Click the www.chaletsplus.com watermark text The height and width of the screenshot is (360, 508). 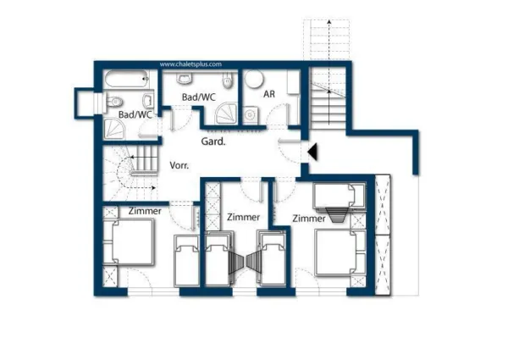click(190, 64)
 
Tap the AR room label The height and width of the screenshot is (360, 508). click(269, 94)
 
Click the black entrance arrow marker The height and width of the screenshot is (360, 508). click(312, 152)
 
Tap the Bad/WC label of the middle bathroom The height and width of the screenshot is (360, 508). click(199, 97)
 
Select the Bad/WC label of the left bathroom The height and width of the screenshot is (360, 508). click(135, 114)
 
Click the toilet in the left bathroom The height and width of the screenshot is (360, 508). click(114, 103)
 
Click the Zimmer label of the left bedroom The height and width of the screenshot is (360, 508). click(146, 210)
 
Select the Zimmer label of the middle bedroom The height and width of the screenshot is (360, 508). click(243, 217)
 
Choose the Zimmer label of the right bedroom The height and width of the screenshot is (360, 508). click(309, 219)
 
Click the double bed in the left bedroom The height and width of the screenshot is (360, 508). click(129, 243)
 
